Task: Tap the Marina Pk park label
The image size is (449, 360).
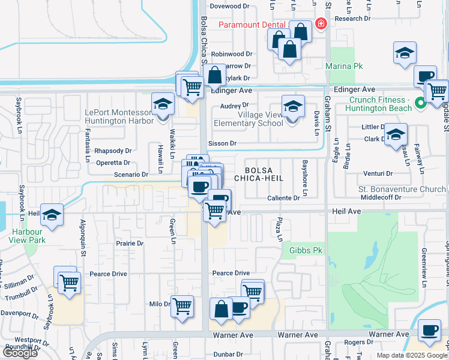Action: pyautogui.click(x=342, y=65)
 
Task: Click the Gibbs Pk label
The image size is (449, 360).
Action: pyautogui.click(x=306, y=250)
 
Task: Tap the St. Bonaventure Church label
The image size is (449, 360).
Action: pyautogui.click(x=403, y=189)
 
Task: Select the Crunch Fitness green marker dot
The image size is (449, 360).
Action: pyautogui.click(x=421, y=103)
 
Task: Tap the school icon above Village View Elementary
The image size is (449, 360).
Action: pyautogui.click(x=293, y=107)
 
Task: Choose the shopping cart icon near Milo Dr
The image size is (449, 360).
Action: pyautogui.click(x=182, y=307)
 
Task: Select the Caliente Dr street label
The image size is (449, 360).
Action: pyautogui.click(x=283, y=198)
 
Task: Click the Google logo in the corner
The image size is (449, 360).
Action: pyautogui.click(x=20, y=353)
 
